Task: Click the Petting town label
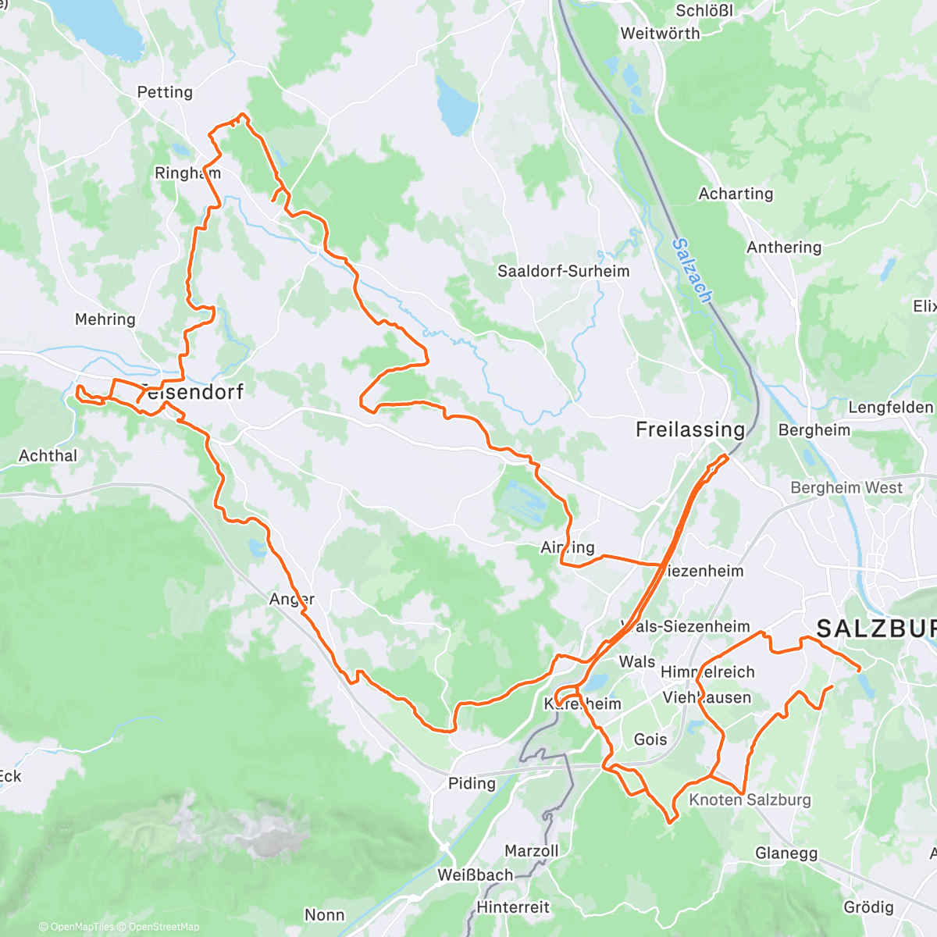point(165,92)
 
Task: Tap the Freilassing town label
point(690,429)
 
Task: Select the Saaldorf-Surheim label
point(563,271)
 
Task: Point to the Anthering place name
point(784,248)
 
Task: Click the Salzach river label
point(692,270)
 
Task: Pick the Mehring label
point(105,319)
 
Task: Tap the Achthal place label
point(48,455)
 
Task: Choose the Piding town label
point(472,783)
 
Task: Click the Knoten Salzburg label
point(750,800)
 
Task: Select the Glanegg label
point(786,853)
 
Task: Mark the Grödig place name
point(868,907)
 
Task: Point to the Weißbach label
point(475,875)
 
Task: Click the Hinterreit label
point(513,907)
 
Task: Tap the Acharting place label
point(736,194)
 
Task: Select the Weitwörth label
point(660,34)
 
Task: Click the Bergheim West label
point(846,488)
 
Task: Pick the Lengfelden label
point(890,408)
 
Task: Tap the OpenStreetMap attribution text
point(163,927)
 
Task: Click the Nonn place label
point(324,914)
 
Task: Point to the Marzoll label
point(531,850)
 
